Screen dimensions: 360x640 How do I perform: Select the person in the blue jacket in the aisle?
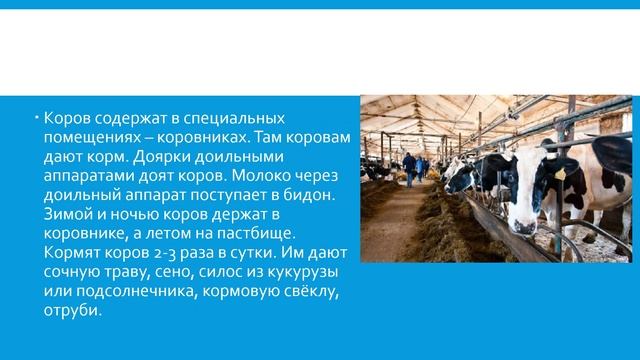pos(409,167)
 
